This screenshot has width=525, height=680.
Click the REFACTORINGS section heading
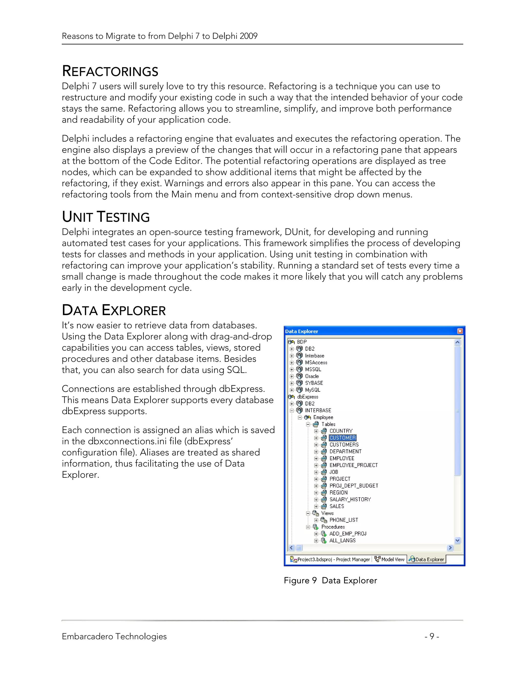tap(110, 71)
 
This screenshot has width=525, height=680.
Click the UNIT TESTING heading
tap(106, 217)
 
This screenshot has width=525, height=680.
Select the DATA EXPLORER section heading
tap(114, 310)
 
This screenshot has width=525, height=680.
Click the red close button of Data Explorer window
tap(460, 331)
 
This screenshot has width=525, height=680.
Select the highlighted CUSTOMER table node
tap(342, 438)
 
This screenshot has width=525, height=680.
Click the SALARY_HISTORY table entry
tap(350, 499)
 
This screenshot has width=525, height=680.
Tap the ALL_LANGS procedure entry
tap(342, 540)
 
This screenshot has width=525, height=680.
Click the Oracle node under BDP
tap(312, 376)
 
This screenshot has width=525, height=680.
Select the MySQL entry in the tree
tap(312, 390)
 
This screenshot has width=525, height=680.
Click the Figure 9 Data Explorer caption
tap(330, 580)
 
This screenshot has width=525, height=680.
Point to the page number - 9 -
tap(432, 636)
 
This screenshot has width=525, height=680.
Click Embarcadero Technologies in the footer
tap(114, 636)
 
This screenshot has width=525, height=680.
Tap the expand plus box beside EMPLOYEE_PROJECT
tap(316, 465)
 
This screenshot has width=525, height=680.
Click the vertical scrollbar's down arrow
tap(457, 540)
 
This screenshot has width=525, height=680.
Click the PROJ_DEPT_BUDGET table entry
tap(354, 486)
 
